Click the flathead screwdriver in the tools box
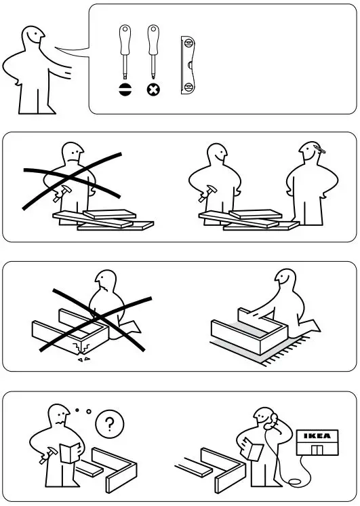(x=125, y=54)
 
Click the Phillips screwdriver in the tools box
(x=153, y=54)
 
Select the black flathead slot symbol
(x=125, y=90)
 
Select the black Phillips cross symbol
(x=153, y=90)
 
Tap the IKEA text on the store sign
(x=317, y=435)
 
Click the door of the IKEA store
(x=315, y=450)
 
